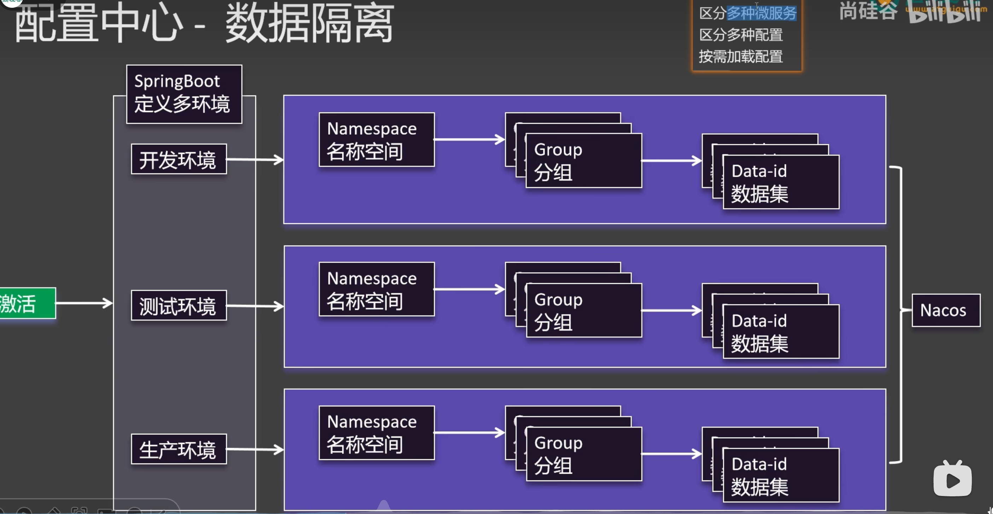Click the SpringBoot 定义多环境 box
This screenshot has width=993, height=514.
coord(184,94)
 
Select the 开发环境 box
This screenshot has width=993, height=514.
coord(179,159)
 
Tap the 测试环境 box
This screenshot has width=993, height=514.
coord(179,305)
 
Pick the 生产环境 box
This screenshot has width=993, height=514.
coord(179,449)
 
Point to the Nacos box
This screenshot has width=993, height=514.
coord(946,310)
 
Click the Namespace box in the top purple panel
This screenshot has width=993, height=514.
coord(376,140)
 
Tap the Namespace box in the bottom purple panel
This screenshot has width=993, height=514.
coord(376,433)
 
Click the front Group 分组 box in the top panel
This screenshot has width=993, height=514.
coord(583,161)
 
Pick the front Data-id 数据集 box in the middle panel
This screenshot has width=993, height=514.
coord(780,332)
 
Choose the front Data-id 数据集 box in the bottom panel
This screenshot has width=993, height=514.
coord(780,475)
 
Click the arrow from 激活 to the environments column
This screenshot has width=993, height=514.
coord(84,303)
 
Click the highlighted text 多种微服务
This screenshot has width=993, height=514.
coord(761,13)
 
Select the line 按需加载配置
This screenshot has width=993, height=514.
coord(741,57)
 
